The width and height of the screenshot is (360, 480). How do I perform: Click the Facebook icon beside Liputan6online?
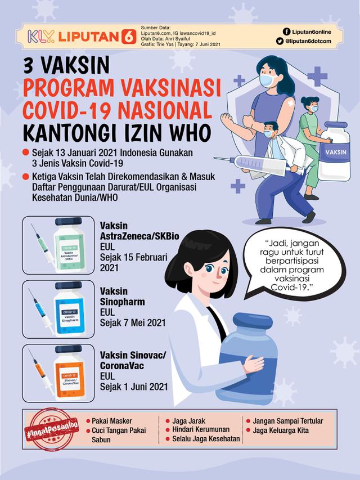pos(287,32)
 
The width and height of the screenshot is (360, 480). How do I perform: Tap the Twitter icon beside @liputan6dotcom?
pos(287,41)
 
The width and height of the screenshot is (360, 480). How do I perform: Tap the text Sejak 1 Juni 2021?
pos(134,387)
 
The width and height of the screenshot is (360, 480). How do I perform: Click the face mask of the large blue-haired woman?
pos(268,81)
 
